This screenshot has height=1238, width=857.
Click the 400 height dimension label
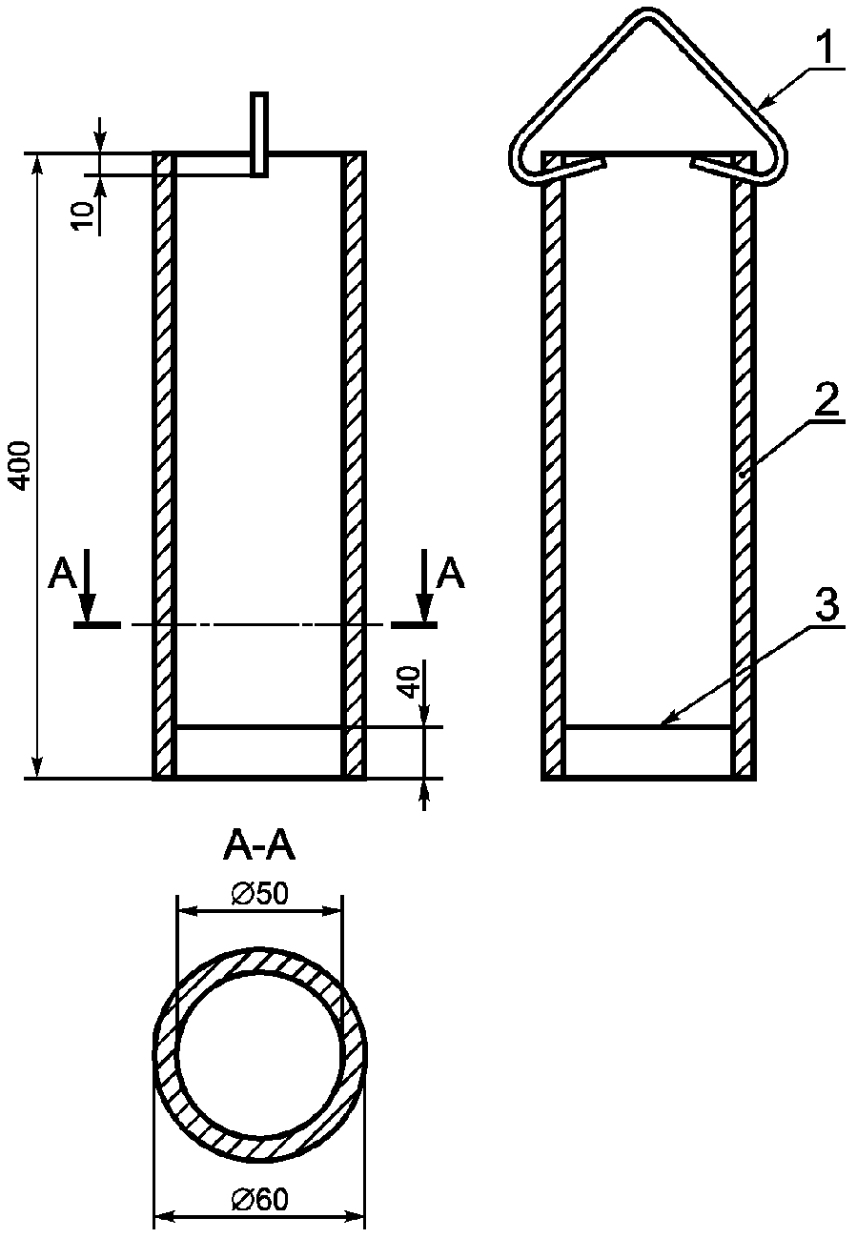pos(21,465)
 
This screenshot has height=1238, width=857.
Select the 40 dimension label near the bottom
pos(410,680)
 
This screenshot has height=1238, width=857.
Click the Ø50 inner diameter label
pos(260,893)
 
